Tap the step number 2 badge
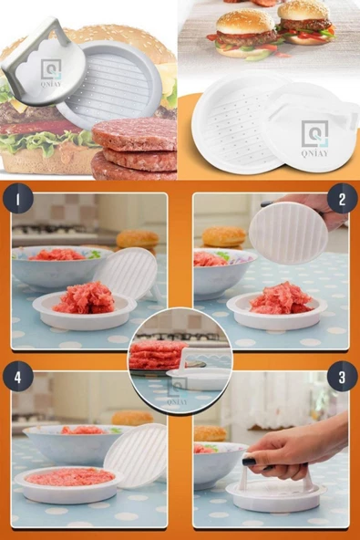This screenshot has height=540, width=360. click(342, 198)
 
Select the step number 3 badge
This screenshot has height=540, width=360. click(342, 377)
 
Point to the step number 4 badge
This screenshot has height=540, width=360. click(18, 377)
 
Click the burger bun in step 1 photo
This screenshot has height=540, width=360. click(138, 240)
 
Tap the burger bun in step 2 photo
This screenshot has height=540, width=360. click(223, 237)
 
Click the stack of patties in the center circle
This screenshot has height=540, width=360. click(157, 356)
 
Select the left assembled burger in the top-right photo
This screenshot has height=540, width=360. click(246, 34)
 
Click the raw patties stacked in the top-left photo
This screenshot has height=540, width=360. click(135, 149)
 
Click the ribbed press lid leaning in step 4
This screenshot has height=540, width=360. click(136, 455)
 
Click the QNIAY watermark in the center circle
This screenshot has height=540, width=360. click(178, 391)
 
